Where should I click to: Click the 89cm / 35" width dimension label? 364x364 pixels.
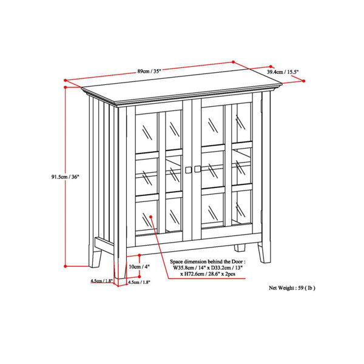point(149,71)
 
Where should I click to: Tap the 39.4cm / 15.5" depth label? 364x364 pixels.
point(283,72)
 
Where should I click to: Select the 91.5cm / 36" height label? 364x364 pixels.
point(66,177)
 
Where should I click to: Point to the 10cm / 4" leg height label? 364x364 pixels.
point(140,267)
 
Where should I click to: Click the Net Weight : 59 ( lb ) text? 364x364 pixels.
point(292,288)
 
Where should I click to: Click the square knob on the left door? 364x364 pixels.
point(188,170)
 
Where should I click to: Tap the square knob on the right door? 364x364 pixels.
point(197,169)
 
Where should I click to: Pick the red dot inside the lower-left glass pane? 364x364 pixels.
point(151,217)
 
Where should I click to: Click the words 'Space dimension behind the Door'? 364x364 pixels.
point(207,261)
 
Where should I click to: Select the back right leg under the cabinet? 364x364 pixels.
point(240,248)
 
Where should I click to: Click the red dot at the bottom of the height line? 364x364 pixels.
point(66,266)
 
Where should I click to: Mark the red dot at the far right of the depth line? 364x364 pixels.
point(304,81)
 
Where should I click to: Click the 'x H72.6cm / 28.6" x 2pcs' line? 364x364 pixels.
point(208,274)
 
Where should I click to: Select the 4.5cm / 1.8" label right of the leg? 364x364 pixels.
point(139,282)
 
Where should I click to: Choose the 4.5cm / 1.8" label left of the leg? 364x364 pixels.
point(101,281)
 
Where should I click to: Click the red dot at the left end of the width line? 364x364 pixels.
point(66,80)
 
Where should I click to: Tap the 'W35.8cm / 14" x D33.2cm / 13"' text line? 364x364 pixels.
point(207,268)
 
